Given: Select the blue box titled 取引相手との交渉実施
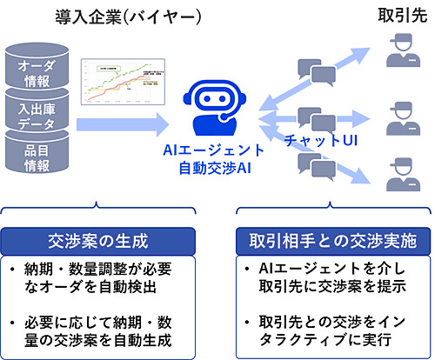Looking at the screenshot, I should pos(331,239).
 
